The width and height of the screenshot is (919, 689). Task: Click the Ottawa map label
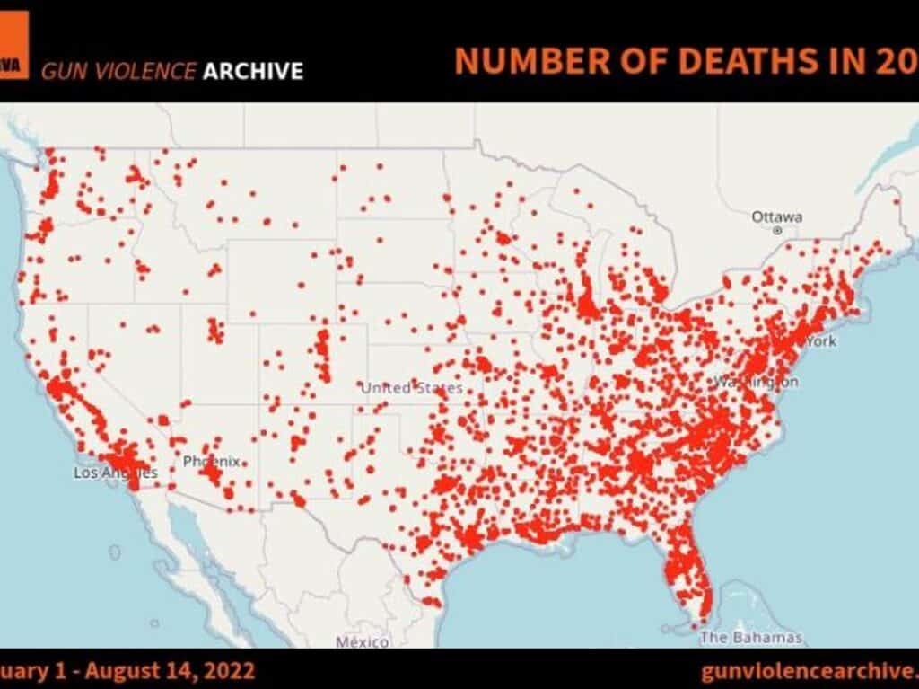[x=777, y=217]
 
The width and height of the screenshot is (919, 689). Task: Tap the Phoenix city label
[x=211, y=461]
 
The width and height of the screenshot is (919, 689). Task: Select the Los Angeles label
[x=115, y=473]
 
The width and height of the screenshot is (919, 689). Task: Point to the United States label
[x=412, y=388]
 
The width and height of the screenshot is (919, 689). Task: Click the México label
[x=363, y=641]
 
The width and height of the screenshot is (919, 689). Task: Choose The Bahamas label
[x=750, y=638]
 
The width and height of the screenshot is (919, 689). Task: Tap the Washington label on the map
[x=756, y=382]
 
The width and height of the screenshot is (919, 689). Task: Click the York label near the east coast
[x=821, y=341]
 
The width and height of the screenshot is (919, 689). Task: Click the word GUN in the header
[x=60, y=71]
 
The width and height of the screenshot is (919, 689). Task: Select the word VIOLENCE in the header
[x=140, y=71]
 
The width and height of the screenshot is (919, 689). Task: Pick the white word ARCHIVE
[x=252, y=71]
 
